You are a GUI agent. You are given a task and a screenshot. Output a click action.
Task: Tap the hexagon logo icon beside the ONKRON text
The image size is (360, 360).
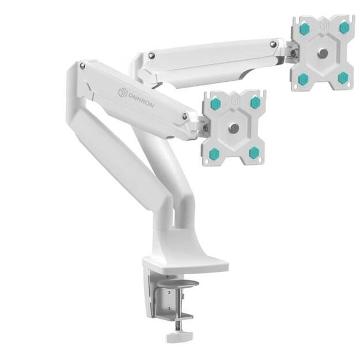[122, 92]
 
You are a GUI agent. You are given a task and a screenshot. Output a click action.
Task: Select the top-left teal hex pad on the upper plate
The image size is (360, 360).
[305, 28]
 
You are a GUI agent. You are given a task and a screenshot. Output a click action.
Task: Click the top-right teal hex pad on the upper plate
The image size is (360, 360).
[344, 27]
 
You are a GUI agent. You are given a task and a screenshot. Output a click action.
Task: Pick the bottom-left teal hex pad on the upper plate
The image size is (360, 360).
[304, 78]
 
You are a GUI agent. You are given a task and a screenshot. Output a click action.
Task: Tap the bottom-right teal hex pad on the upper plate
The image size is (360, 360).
[343, 77]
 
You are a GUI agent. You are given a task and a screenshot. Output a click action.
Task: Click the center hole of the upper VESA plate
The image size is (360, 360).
[323, 53]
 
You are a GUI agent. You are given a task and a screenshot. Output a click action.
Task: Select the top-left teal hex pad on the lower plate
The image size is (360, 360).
[215, 104]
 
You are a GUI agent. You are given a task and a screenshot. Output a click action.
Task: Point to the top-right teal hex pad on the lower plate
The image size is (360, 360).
[255, 103]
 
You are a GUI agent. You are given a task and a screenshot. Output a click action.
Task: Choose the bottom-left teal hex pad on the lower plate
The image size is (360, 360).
[215, 153]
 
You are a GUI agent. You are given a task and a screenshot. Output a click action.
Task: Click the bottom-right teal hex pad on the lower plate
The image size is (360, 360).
[254, 152]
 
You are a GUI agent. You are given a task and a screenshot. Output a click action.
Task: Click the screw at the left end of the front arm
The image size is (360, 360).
[82, 66]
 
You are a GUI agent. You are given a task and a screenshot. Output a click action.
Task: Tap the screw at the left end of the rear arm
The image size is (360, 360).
[151, 56]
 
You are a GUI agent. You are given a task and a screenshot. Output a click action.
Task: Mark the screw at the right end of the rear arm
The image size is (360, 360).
[272, 43]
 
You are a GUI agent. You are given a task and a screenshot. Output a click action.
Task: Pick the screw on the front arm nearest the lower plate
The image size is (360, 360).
[184, 116]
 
